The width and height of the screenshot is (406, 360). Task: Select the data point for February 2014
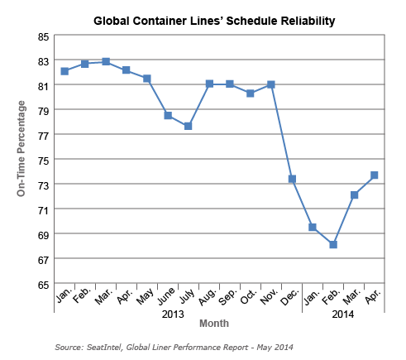tap(333, 244)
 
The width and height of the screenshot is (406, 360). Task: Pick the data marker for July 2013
tap(189, 126)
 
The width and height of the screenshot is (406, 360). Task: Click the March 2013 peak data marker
tap(106, 61)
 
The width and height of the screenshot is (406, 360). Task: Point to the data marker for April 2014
tap(375, 175)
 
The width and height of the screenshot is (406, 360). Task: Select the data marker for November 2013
tap(271, 84)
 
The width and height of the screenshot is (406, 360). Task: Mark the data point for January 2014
tap(313, 227)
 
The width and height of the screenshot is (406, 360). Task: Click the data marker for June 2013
tap(168, 115)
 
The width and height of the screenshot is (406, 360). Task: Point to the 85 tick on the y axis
tap(41, 36)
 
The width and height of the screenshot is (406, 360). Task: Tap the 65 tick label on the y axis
tap(41, 284)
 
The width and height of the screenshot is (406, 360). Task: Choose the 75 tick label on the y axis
tap(41, 160)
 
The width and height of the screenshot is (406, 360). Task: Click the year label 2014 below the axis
tap(342, 314)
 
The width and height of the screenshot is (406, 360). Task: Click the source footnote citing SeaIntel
tap(174, 347)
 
